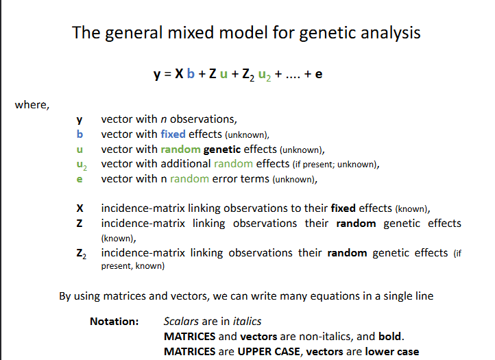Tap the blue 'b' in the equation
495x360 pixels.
tap(192, 74)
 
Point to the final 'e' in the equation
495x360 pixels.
tap(318, 74)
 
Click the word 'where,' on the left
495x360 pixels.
tap(32, 105)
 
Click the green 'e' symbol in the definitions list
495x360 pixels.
tap(80, 179)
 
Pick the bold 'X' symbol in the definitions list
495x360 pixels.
tap(80, 208)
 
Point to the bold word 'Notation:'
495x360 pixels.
tap(114, 321)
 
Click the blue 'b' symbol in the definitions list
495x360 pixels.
tap(80, 134)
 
